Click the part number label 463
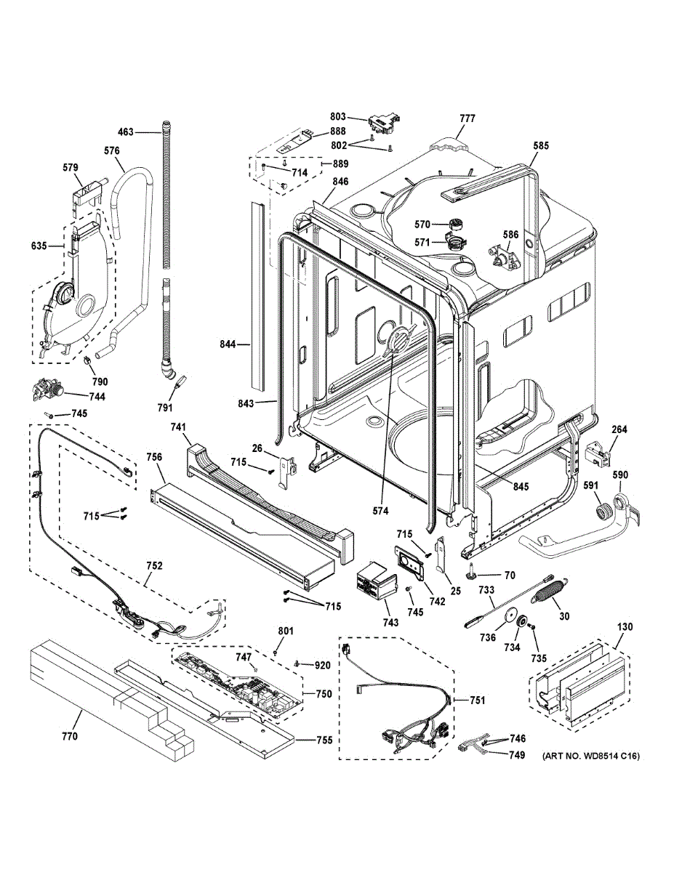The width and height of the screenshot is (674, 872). coord(126,132)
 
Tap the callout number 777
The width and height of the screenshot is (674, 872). coord(468,118)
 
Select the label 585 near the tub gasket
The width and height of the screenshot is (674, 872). coord(541,145)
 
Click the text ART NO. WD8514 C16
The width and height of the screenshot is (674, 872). coord(591,756)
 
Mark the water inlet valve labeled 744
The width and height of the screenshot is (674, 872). coord(48,389)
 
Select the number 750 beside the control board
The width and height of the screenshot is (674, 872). coord(324,694)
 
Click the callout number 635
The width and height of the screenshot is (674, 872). coord(39,246)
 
